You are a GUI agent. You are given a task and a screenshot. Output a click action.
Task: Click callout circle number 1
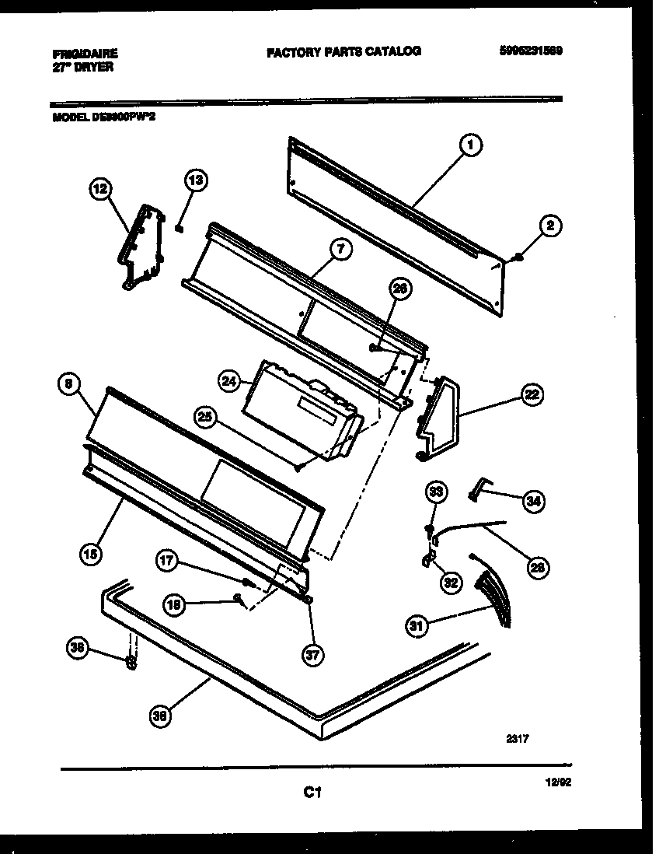pyautogui.click(x=470, y=144)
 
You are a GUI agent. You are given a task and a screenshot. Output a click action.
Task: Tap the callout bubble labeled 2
pyautogui.click(x=550, y=227)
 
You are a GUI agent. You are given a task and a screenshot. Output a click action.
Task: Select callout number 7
pyautogui.click(x=340, y=249)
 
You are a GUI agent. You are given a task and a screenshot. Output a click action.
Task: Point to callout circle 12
pyautogui.click(x=101, y=189)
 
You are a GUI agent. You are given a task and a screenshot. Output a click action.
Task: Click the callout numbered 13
pyautogui.click(x=196, y=180)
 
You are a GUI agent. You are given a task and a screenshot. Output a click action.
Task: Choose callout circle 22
pyautogui.click(x=532, y=394)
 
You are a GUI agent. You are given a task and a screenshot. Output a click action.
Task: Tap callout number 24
pyautogui.click(x=229, y=380)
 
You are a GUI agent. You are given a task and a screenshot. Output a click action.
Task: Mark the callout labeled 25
pyautogui.click(x=205, y=417)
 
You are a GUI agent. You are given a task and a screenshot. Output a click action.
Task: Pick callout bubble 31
pyautogui.click(x=417, y=624)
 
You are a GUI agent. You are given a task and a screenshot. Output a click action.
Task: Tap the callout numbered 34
pyautogui.click(x=532, y=502)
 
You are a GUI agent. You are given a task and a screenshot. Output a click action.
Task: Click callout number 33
pyautogui.click(x=436, y=492)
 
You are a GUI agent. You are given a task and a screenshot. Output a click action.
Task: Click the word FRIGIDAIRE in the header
pyautogui.click(x=85, y=54)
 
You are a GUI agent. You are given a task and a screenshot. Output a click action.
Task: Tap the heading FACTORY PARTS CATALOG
pyautogui.click(x=343, y=51)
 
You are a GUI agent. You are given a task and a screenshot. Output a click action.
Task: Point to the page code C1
pyautogui.click(x=312, y=793)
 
